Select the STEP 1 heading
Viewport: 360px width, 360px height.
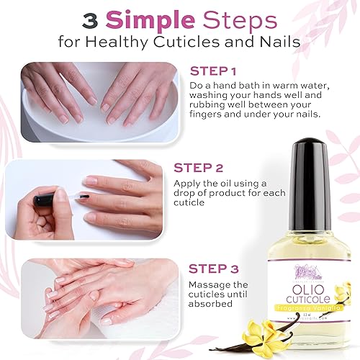click(214, 72)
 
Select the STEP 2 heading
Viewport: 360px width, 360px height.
click(199, 168)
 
